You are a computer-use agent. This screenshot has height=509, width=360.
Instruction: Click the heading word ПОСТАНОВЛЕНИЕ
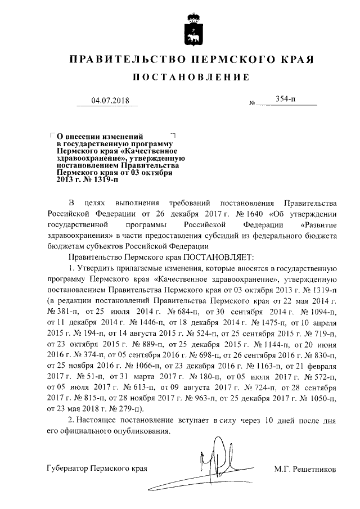191,77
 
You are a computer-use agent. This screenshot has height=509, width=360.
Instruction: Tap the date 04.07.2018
110,101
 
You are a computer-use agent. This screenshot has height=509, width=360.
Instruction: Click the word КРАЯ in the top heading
294,60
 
